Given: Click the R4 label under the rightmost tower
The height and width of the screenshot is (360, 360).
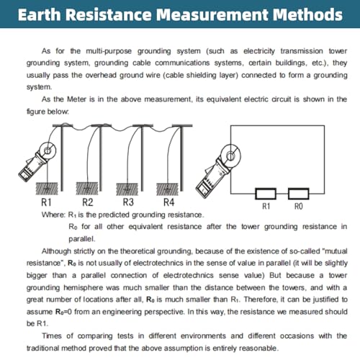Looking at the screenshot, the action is [x=169, y=202].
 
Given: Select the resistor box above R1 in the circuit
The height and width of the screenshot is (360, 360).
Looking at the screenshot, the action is [x=265, y=192].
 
